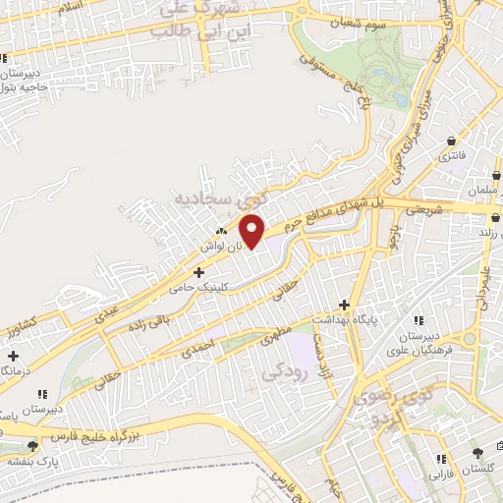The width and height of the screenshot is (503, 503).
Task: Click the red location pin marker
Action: coord(252,231)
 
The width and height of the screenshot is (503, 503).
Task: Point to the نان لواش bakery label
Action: coord(221,246)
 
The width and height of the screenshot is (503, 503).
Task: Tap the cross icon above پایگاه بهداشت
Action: coord(344,304)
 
